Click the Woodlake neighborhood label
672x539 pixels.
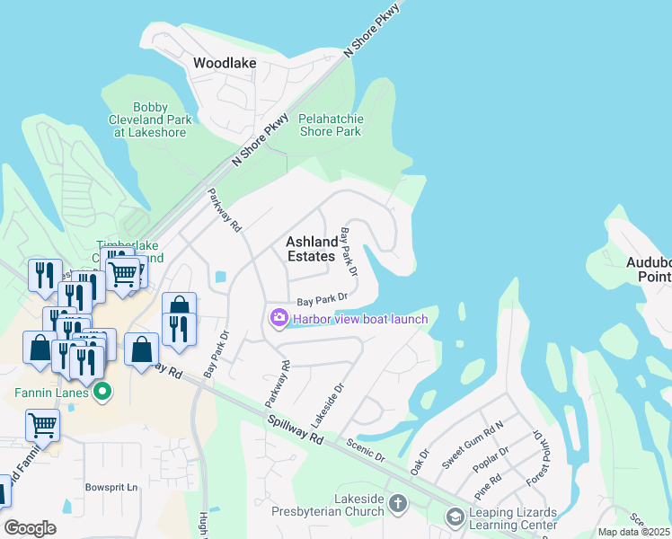click(225, 64)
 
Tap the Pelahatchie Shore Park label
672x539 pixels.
click(330, 125)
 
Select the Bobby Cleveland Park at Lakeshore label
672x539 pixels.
click(150, 119)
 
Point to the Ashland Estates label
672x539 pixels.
click(312, 249)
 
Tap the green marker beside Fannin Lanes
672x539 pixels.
click(102, 392)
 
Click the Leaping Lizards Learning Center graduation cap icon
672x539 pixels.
click(455, 517)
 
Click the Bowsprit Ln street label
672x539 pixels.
click(111, 488)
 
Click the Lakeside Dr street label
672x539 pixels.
click(327, 406)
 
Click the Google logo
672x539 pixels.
click(30, 528)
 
